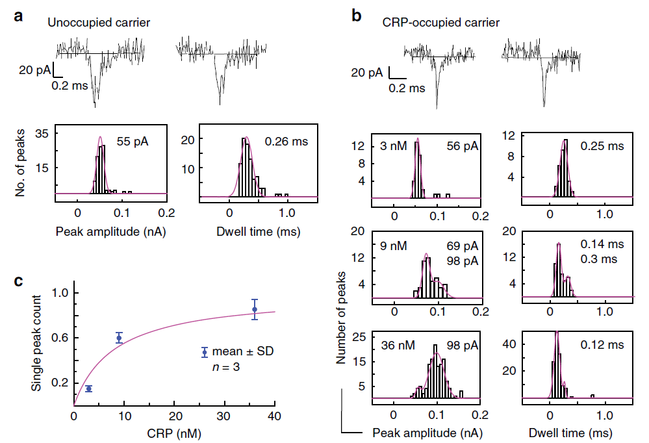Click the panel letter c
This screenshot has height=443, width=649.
19,281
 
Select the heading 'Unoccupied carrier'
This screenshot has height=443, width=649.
98,23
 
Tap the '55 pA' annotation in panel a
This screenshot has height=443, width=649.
133,140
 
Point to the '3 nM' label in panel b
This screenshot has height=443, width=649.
394,146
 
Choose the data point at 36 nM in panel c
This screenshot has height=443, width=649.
255,309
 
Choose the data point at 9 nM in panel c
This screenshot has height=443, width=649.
119,338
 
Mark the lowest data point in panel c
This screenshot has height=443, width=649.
89,388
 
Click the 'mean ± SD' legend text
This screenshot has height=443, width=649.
246,351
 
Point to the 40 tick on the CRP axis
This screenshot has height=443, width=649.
275,416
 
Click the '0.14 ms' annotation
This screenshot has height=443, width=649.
600,246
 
